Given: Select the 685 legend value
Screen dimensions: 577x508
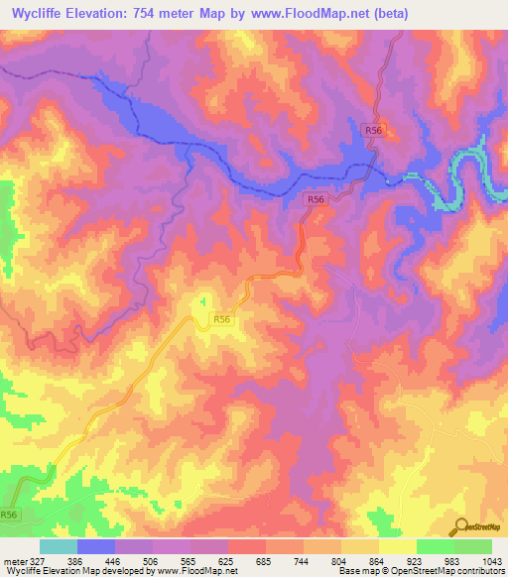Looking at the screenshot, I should [x=262, y=559].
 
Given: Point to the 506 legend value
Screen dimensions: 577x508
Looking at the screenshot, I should [x=149, y=559].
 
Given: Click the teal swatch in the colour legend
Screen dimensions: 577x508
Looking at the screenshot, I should [x=59, y=546].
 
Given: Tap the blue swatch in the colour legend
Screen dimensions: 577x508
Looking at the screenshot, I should [x=96, y=546].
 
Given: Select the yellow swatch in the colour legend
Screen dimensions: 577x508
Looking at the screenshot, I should [x=398, y=546].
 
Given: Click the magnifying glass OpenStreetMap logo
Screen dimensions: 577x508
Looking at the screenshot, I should [x=460, y=526].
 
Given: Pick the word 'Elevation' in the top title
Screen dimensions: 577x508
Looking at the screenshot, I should [x=102, y=14].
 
